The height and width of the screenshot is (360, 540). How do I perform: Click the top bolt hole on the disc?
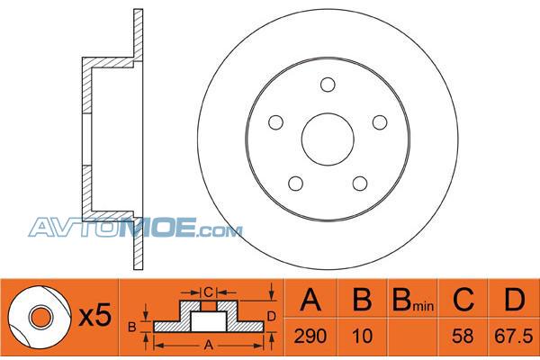click(328, 85)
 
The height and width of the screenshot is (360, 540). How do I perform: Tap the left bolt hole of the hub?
click(275, 122)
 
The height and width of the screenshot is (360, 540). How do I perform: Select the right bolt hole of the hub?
click(380, 122)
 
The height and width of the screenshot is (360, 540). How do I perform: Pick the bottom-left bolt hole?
click(295, 184)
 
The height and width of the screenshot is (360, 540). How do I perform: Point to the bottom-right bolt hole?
click(360, 184)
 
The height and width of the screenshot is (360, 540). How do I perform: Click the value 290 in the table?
click(310, 336)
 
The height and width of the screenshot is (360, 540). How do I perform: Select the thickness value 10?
click(363, 336)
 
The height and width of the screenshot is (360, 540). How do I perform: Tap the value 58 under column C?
click(463, 336)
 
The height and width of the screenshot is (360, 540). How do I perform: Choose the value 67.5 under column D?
click(514, 336)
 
